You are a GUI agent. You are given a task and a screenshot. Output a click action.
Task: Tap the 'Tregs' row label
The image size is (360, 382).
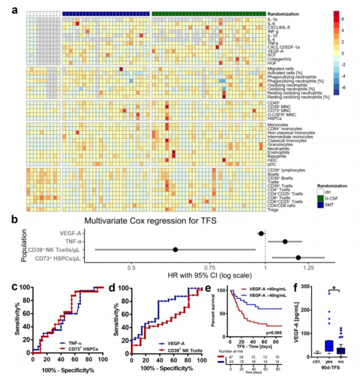274,209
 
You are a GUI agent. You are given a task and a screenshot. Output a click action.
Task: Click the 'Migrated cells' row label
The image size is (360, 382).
281,68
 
